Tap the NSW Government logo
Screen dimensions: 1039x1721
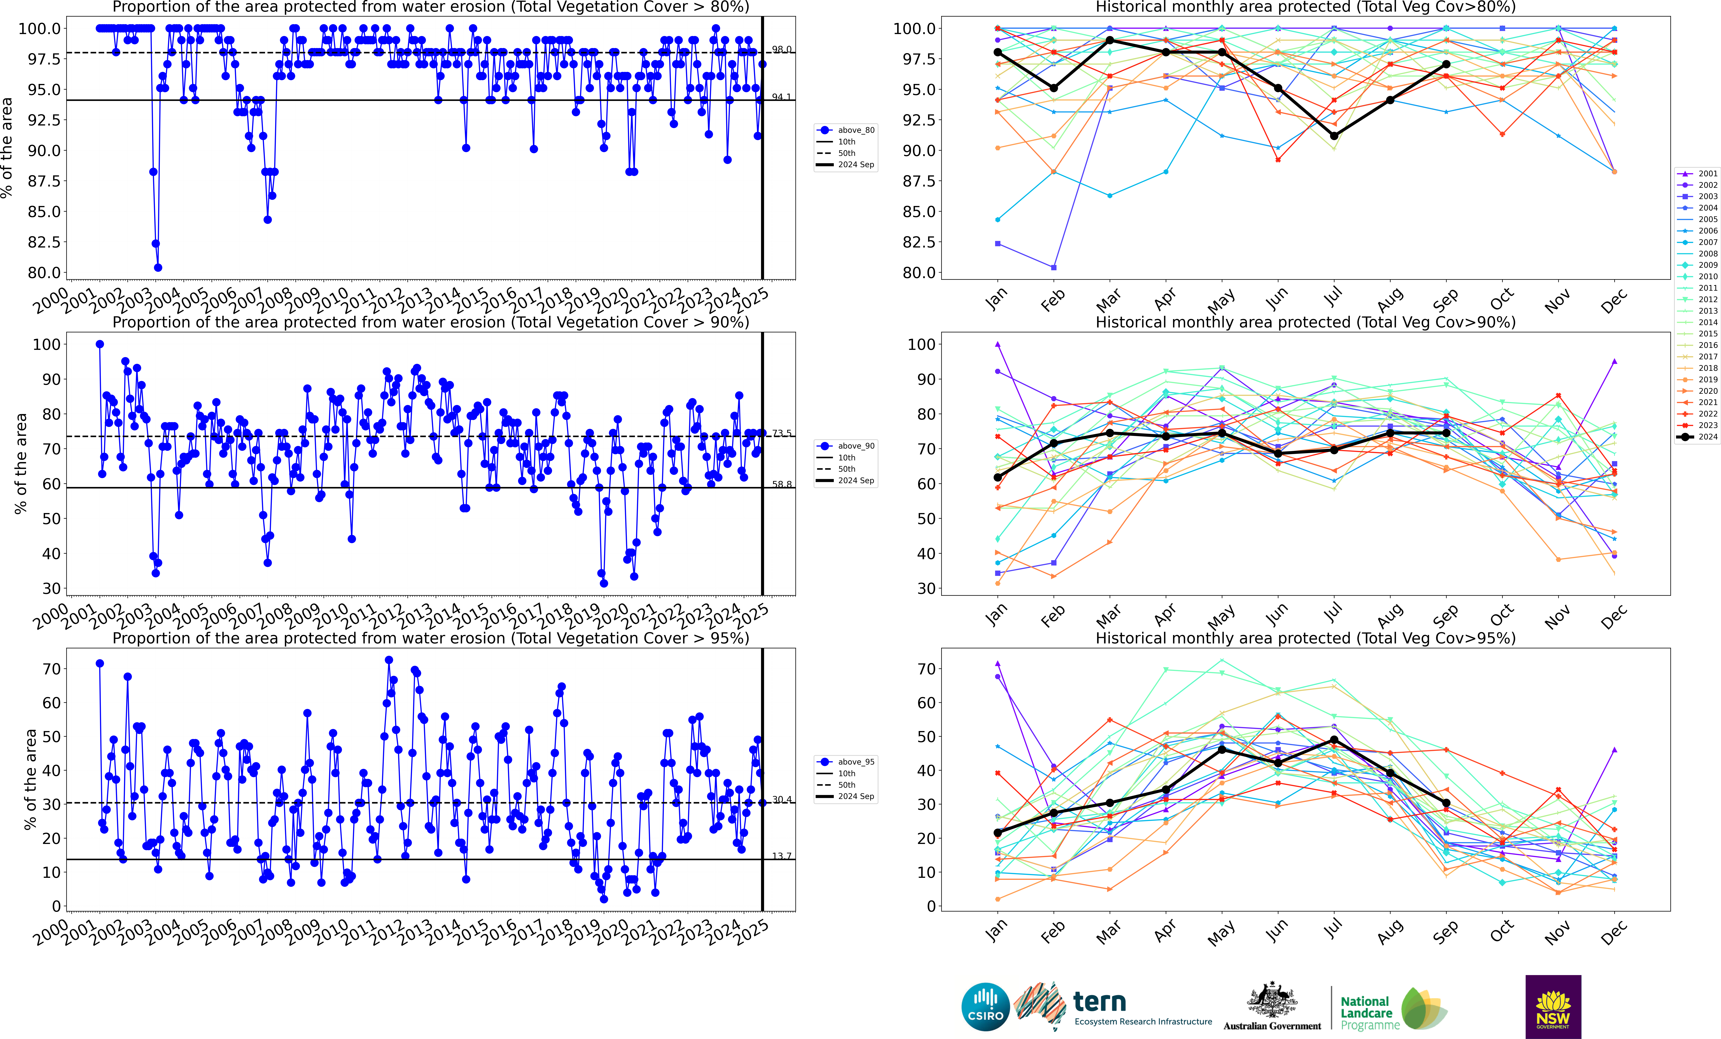(x=1553, y=1006)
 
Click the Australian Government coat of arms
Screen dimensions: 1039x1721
(x=1272, y=1001)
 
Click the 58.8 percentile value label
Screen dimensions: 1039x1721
(x=782, y=484)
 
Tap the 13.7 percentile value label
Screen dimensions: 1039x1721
(x=782, y=856)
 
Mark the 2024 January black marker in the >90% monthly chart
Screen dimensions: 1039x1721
(x=997, y=477)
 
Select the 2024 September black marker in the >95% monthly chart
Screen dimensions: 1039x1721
(x=1446, y=803)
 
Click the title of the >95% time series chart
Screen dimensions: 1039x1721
(x=430, y=638)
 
